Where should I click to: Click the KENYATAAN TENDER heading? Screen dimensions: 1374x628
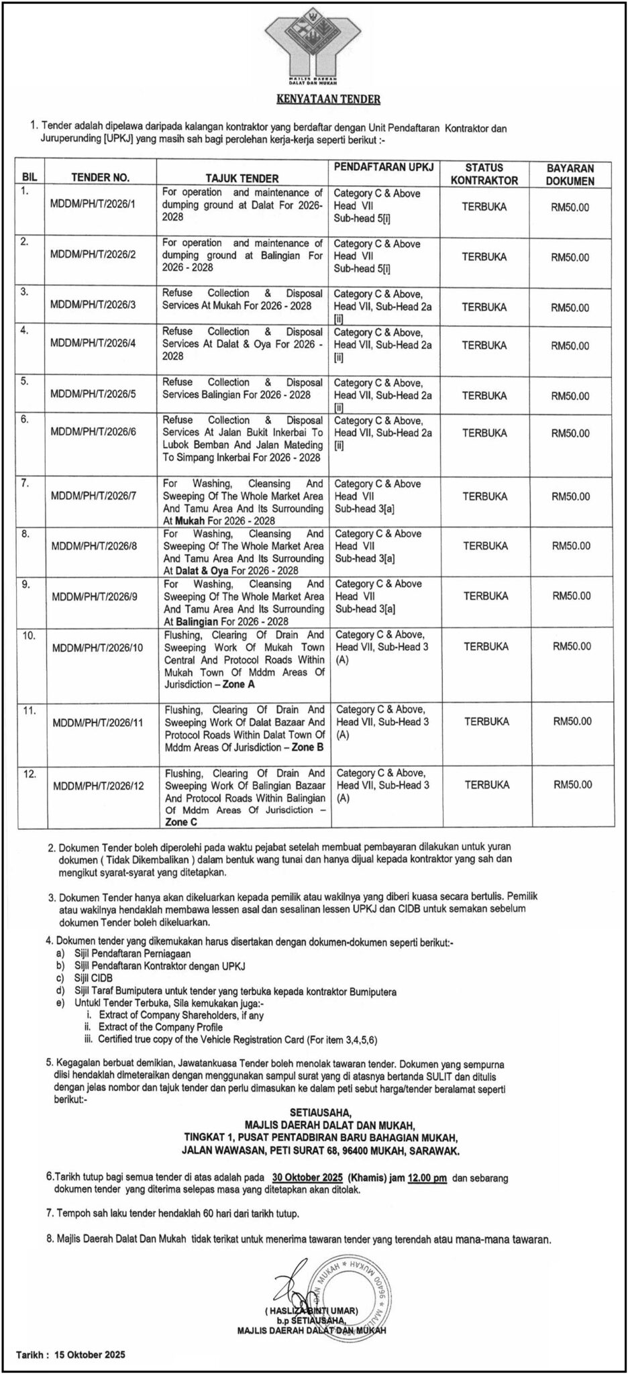pos(329,99)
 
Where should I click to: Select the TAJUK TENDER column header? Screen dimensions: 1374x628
pos(242,178)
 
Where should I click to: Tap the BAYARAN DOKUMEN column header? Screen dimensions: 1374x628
pos(570,174)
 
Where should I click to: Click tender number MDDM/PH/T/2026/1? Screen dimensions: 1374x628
pos(93,204)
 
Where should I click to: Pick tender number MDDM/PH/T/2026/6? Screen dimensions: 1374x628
pos(93,431)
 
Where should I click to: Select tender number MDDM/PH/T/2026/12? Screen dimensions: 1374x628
pos(98,785)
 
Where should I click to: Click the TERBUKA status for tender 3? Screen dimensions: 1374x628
pos(484,307)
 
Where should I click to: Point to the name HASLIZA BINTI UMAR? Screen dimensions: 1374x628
pos(312,1310)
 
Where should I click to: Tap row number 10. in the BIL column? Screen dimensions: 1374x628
pos(30,635)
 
